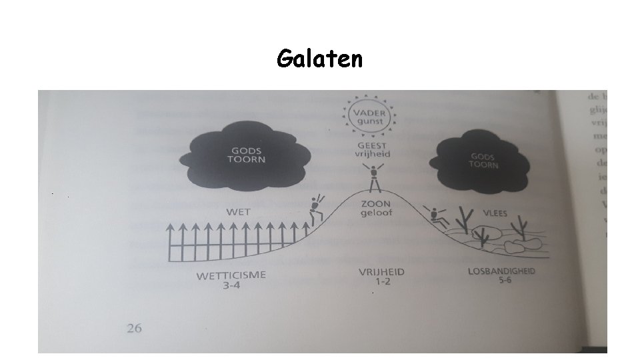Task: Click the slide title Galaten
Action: (320, 60)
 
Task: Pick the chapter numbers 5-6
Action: (504, 281)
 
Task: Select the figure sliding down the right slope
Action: (437, 216)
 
